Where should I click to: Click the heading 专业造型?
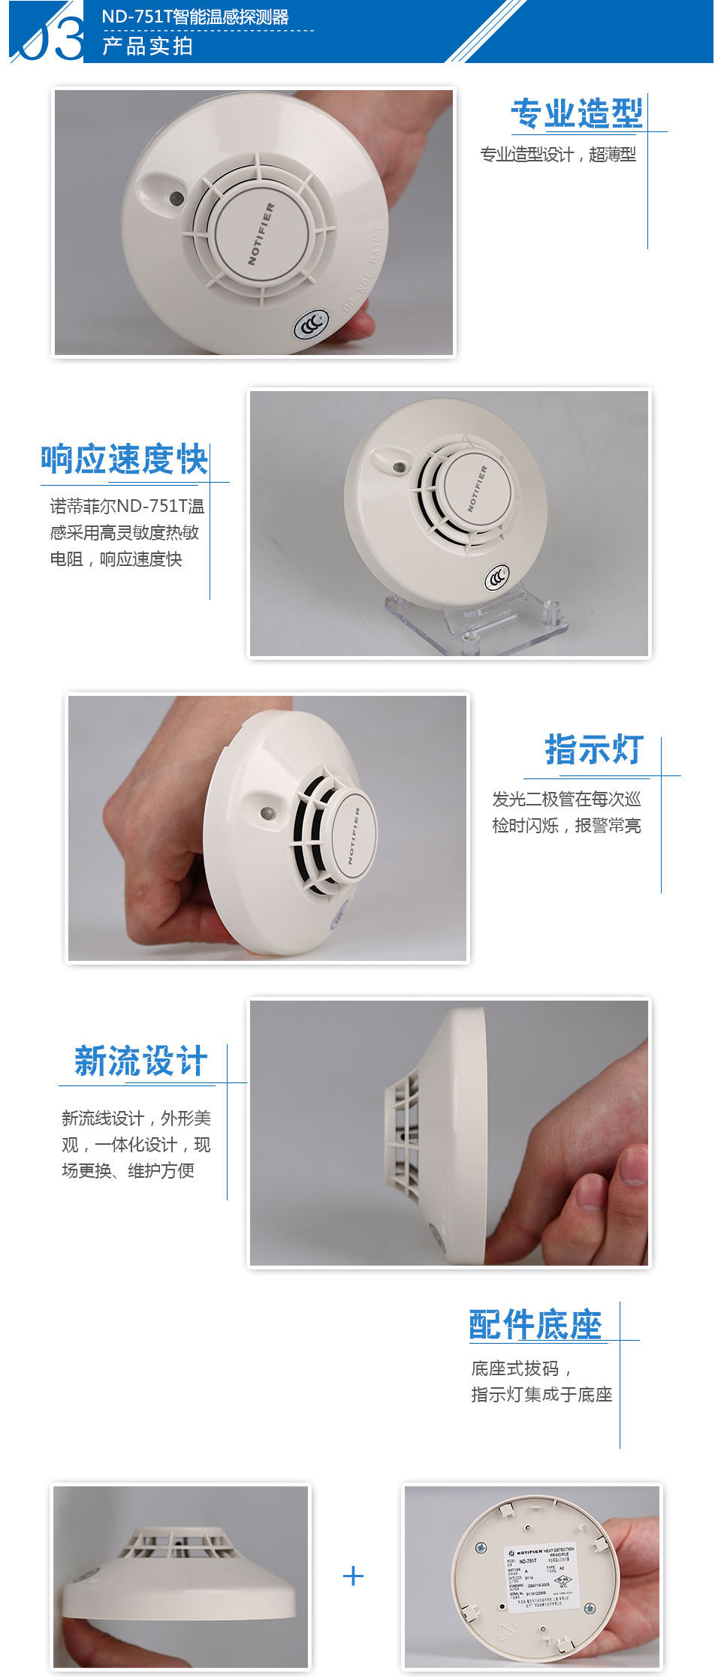pos(576,113)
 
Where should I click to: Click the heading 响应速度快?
pos(124,459)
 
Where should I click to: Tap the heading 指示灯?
pos(593,749)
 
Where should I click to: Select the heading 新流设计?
pos(140,1061)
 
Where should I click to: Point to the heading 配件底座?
pos(535,1324)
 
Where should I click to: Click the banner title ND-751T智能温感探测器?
pos(195,17)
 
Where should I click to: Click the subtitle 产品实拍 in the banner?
pos(148,46)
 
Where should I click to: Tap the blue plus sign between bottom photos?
pos(353,1575)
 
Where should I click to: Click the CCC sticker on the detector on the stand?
pos(496,577)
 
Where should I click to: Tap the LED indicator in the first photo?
pos(176,198)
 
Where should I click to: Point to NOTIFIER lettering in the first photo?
pos(261,233)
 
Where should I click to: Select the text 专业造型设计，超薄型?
pos(558,155)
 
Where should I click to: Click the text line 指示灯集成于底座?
pos(542,1394)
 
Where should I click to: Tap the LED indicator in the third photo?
pos(266,813)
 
